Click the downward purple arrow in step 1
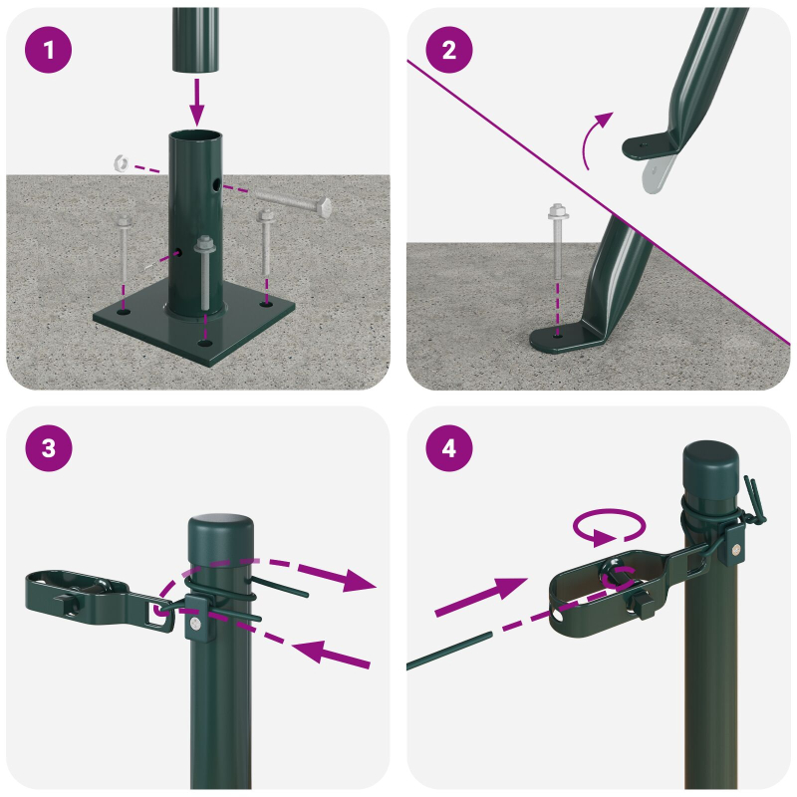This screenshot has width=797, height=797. pyautogui.click(x=196, y=100)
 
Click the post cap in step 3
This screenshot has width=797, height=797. pyautogui.click(x=221, y=532)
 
